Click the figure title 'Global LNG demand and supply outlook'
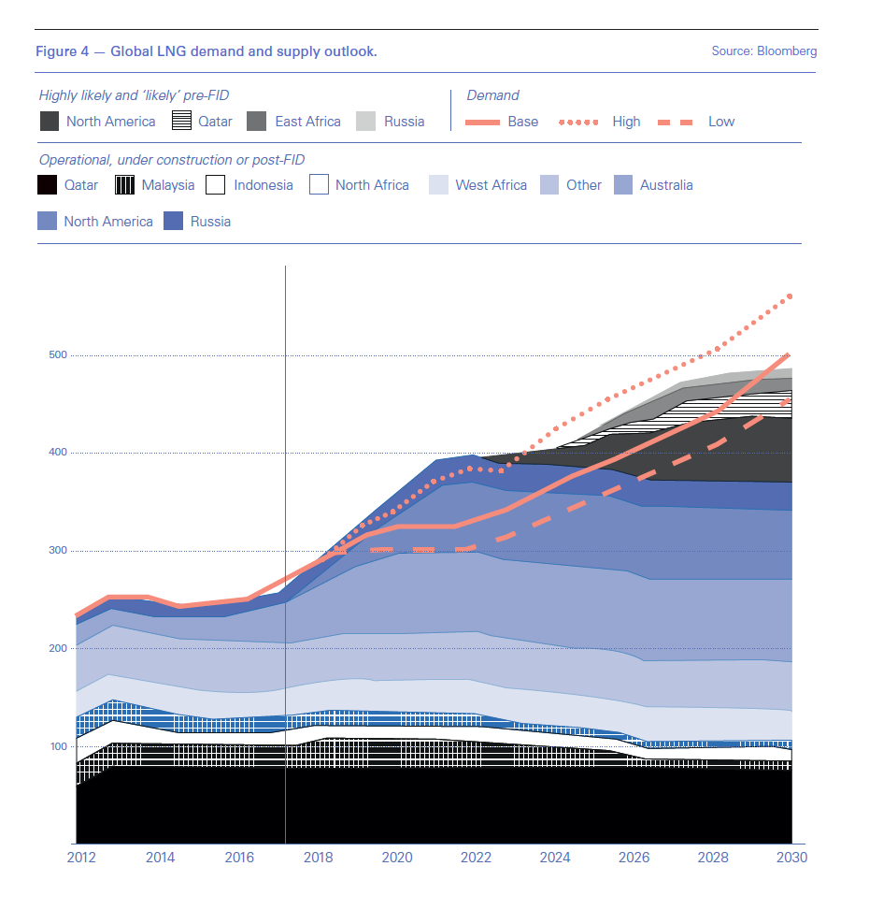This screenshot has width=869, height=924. tap(243, 51)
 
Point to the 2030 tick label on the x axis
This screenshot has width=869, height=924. tap(791, 858)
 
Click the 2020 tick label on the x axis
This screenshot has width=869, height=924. tap(396, 858)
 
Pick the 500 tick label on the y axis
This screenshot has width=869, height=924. tap(57, 355)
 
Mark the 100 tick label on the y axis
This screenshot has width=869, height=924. tap(57, 746)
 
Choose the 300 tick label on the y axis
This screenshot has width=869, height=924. tap(57, 551)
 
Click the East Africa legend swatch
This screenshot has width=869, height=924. tap(257, 122)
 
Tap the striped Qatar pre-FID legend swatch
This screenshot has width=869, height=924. tap(182, 122)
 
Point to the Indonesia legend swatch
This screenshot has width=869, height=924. tap(216, 185)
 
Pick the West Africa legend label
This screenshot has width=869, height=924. tap(491, 185)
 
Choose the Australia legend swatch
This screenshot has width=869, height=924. tap(623, 185)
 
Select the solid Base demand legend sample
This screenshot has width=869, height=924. tap(482, 122)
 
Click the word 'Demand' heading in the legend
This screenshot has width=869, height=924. tap(492, 95)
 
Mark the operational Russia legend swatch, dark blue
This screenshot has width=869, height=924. tap(173, 222)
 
